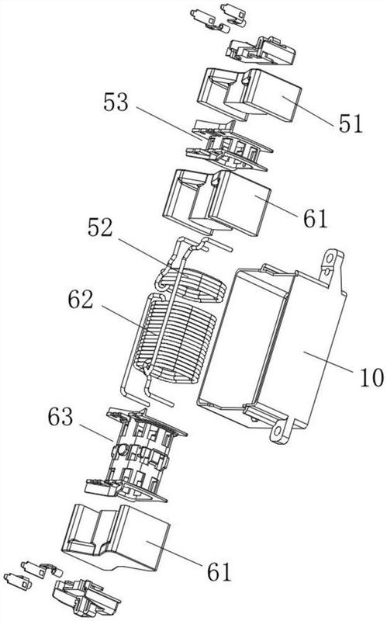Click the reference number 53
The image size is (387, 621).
(x=116, y=102)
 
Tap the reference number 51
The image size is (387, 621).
(x=351, y=123)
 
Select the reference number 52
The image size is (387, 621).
(x=100, y=227)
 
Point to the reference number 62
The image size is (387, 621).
(x=81, y=300)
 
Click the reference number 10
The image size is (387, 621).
(x=371, y=377)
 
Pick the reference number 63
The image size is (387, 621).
(x=60, y=417)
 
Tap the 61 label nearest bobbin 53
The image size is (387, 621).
(x=316, y=218)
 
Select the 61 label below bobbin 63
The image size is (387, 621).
(x=219, y=572)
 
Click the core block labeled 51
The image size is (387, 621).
(x=249, y=94)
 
